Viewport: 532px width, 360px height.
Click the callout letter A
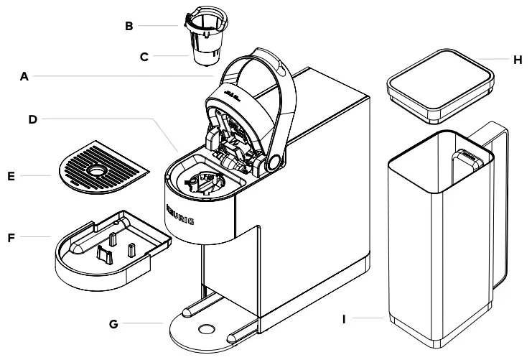coord(24,75)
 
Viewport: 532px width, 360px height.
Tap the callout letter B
coord(129,27)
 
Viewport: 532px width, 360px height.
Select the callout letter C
coord(144,55)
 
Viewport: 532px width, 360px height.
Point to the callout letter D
coord(32,119)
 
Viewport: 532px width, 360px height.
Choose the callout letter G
coord(113,324)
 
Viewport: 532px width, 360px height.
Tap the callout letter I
coord(344,317)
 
